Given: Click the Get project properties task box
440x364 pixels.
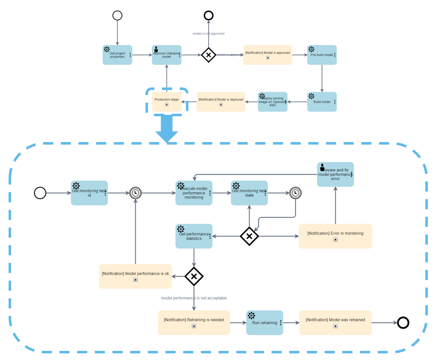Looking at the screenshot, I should (117, 55).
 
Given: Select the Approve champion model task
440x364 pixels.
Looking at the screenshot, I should (166, 55).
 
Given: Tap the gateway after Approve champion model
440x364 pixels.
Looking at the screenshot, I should (209, 55).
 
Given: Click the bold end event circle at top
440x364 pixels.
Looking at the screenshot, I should (209, 16).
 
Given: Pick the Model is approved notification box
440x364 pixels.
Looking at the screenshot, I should (267, 55).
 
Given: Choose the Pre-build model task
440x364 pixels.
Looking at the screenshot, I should (322, 55).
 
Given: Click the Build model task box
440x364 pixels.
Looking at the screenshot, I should (322, 102).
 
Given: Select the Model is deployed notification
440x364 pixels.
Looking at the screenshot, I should (220, 102).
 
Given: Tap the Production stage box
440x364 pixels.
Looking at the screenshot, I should (166, 102).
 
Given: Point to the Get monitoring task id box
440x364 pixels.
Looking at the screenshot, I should (89, 193).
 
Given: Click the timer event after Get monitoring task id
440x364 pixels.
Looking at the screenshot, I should (135, 193).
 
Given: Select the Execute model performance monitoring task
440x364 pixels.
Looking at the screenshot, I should (193, 193).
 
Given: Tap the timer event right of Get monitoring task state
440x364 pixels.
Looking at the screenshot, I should (296, 193).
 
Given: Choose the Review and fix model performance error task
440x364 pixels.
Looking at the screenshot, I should (335, 174).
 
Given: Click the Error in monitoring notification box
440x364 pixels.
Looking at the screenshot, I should (335, 236).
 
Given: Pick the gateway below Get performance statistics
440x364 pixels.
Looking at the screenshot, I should (193, 276).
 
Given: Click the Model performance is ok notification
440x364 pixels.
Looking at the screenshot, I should (135, 276).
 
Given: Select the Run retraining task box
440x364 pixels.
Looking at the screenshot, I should (264, 323).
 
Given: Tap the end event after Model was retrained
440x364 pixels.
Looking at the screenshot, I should (403, 323).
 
